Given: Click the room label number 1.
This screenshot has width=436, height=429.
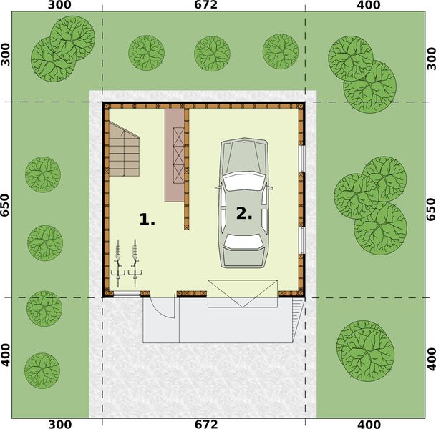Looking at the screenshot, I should click(147, 220).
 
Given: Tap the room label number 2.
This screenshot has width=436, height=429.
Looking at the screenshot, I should click(244, 213).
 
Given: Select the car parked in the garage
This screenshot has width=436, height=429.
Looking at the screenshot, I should click(243, 203).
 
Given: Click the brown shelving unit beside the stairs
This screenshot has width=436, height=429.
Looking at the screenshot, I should click(175, 154).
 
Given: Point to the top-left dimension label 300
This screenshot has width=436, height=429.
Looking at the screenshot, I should click(59, 6).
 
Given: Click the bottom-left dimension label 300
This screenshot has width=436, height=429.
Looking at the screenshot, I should click(59, 424).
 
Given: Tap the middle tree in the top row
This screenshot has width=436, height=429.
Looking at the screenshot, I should click(213, 53).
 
